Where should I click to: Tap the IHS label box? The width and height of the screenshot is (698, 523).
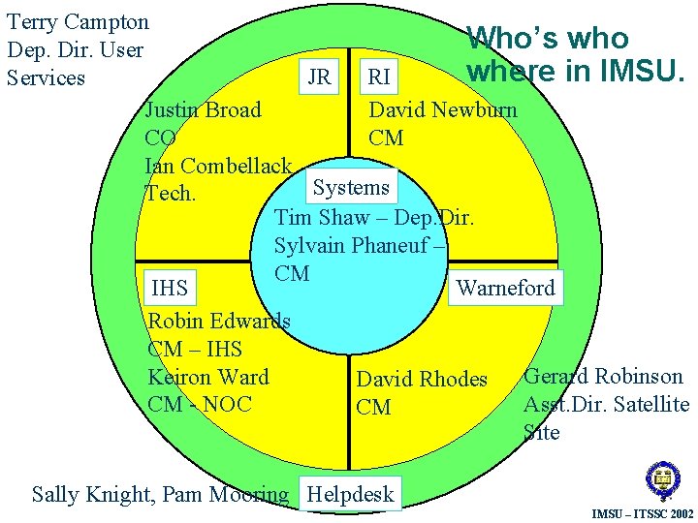pos(170,288)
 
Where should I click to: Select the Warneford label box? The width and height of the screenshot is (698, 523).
pos(505,288)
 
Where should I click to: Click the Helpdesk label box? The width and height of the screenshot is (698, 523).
pos(350,494)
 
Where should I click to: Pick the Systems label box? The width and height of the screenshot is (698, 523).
pos(351,188)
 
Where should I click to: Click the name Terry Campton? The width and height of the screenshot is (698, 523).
pos(78,22)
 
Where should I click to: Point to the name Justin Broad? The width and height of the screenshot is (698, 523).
pos(203,109)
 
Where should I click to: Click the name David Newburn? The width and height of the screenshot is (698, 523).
pos(443,109)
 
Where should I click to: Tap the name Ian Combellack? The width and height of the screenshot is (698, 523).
pos(218,166)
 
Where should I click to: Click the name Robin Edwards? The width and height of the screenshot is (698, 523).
pos(219,321)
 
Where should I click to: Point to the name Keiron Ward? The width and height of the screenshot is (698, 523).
pos(208,377)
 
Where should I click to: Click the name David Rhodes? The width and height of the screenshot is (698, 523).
pos(422,380)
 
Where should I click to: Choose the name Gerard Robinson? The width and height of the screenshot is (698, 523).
pos(603,377)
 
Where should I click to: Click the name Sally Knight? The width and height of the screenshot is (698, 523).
pos(92,495)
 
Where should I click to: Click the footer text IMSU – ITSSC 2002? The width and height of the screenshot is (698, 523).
pos(643,512)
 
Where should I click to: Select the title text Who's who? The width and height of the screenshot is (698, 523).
pos(548,39)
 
